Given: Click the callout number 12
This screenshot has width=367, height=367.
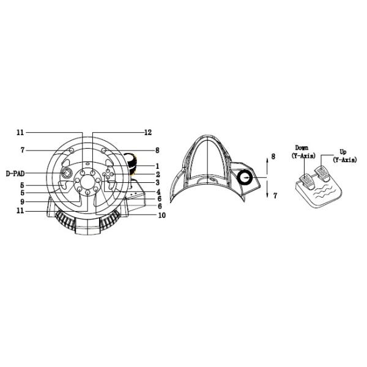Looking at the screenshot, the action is [x=148, y=133].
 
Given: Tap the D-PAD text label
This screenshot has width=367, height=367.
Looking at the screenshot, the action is [x=15, y=174].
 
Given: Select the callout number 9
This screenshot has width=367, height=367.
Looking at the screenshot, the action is [x=22, y=201].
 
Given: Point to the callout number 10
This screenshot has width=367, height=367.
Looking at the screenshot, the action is [x=161, y=215].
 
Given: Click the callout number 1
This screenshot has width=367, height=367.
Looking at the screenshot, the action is [x=158, y=166].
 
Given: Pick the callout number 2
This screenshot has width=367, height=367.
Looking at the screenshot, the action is [x=158, y=174].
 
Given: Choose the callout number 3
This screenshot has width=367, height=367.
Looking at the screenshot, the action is [x=158, y=182].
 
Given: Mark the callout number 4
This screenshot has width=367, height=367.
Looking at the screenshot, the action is [x=158, y=192].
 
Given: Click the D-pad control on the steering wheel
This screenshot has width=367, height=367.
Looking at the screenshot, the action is [x=67, y=174].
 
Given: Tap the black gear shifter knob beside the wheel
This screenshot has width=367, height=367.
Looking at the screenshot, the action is [x=130, y=164].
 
